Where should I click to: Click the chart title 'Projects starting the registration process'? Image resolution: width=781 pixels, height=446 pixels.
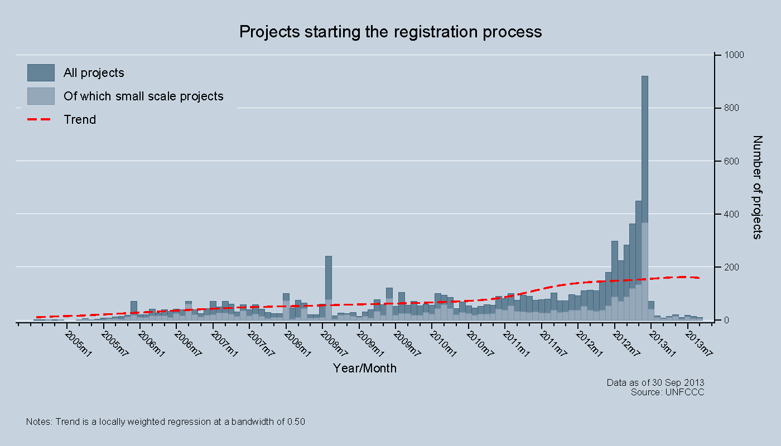click(390, 31)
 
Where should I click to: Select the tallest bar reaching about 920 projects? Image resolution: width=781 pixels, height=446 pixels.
click(644, 195)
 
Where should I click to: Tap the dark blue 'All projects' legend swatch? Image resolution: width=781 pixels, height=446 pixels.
click(41, 72)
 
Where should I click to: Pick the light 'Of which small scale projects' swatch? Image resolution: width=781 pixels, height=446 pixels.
click(41, 96)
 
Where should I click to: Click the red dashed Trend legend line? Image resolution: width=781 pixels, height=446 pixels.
click(41, 119)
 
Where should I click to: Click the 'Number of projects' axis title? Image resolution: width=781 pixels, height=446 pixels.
click(757, 187)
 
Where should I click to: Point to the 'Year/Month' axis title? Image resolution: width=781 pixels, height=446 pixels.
click(365, 368)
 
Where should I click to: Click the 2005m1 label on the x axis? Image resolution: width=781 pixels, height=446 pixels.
click(76, 343)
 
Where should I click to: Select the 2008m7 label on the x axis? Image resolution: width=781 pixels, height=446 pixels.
click(332, 343)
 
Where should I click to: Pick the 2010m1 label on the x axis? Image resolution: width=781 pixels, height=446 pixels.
click(442, 343)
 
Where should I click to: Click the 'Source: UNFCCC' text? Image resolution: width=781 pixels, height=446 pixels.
click(667, 392)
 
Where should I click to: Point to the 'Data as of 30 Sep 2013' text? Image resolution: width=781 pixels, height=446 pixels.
click(655, 382)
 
